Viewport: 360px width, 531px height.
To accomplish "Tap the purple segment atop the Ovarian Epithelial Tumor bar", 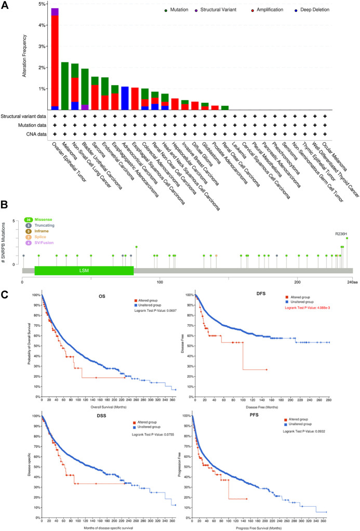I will (x=55, y=11).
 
